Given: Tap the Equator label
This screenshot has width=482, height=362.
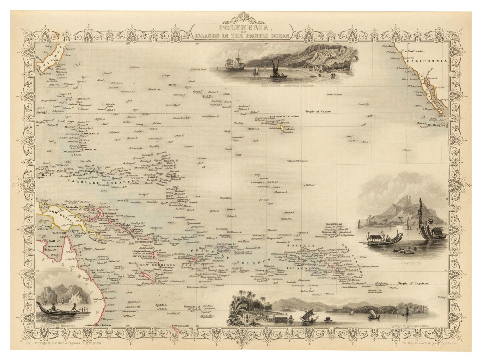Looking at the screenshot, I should [225, 198].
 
